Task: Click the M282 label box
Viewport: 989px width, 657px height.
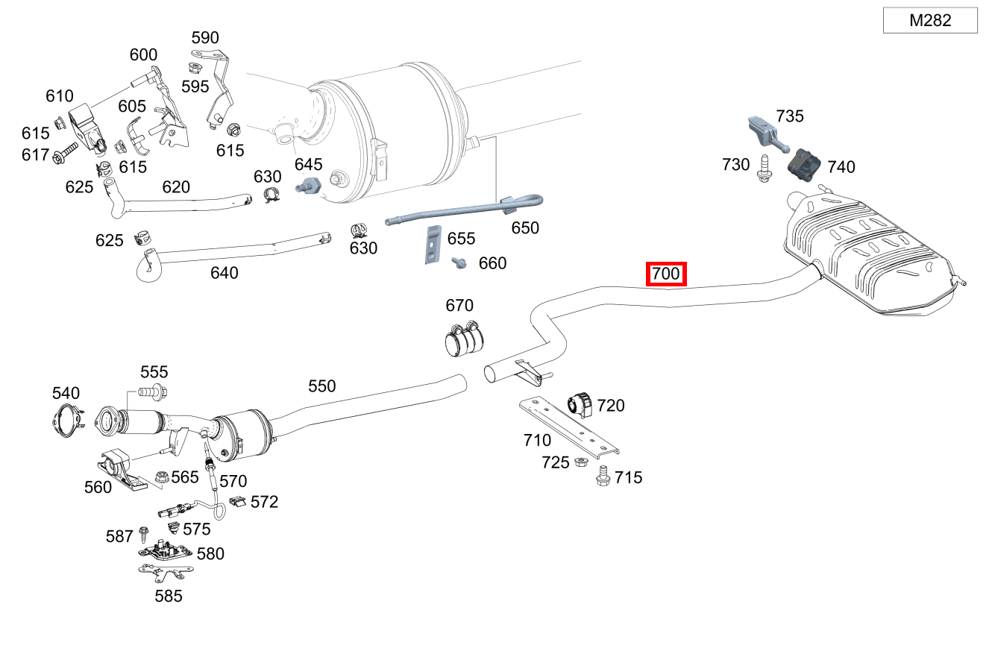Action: (929, 20)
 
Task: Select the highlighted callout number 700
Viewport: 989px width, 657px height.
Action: (665, 274)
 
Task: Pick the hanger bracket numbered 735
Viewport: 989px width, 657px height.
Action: (764, 132)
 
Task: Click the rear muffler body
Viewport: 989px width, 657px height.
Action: (869, 254)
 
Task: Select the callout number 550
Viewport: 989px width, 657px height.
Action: (322, 386)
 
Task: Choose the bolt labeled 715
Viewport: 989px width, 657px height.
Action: (603, 475)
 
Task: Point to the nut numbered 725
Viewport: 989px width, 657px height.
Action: (580, 462)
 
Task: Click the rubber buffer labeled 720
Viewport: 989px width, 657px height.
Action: (580, 404)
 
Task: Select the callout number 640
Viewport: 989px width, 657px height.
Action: (224, 273)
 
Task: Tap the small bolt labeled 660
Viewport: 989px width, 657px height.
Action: (459, 263)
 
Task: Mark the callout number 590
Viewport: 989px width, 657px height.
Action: (205, 37)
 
